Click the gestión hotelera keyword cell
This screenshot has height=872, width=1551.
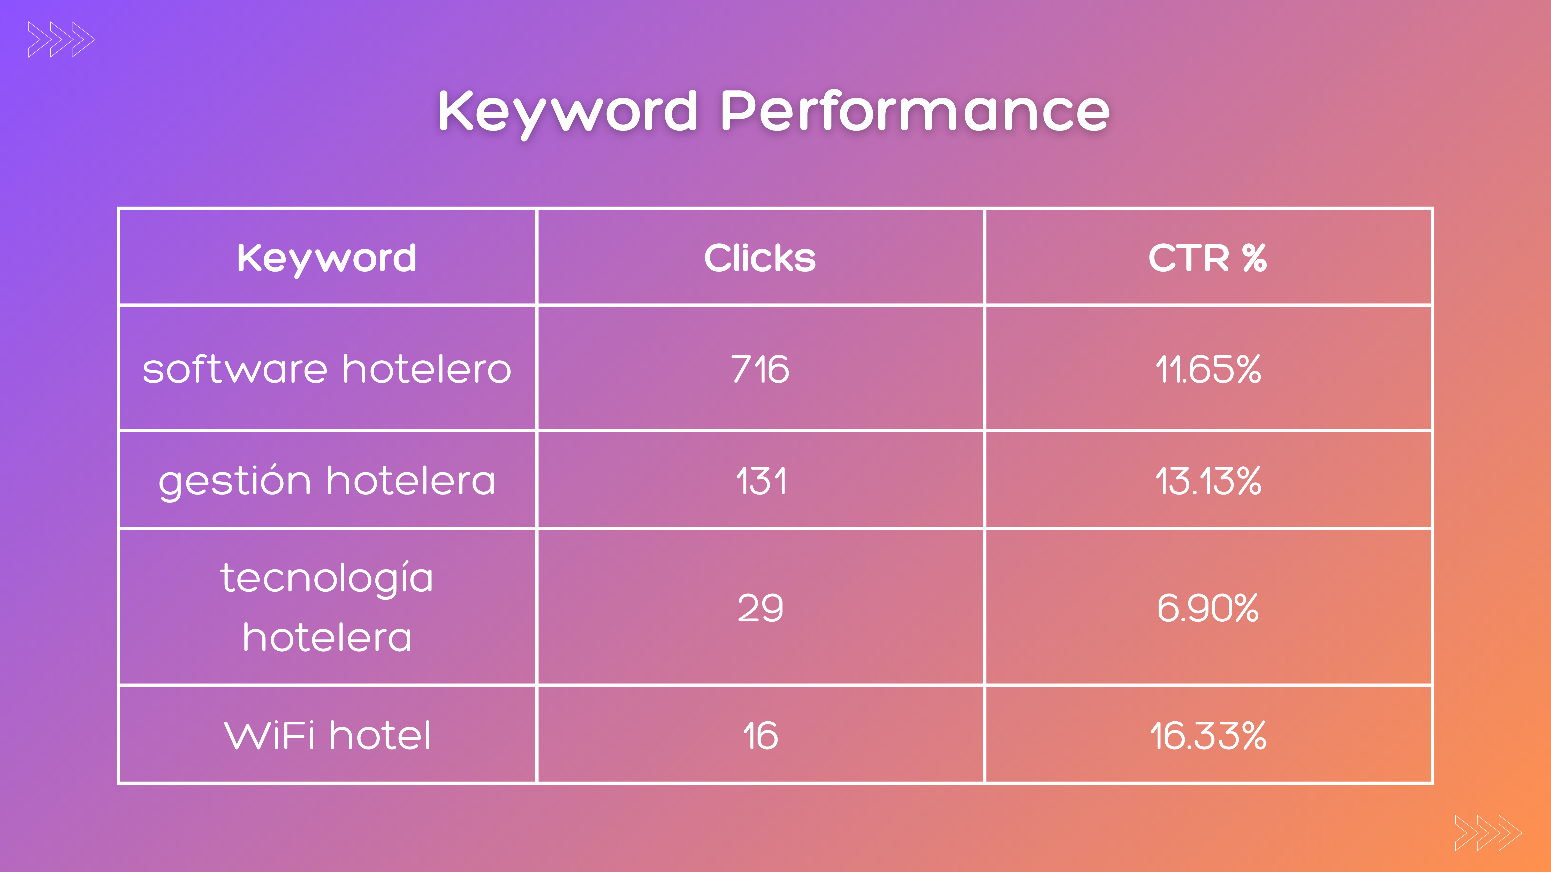[326, 481]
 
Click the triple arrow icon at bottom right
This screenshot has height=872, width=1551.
[1488, 833]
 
